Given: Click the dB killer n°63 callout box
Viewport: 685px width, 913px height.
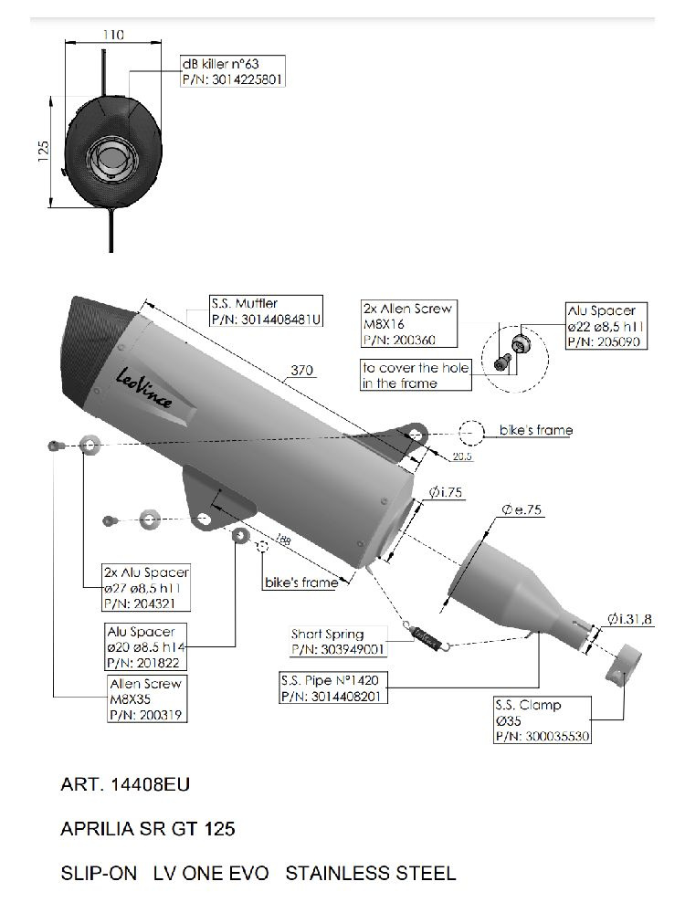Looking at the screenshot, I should [x=233, y=72].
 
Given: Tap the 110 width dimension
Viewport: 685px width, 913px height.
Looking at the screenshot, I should [x=113, y=35].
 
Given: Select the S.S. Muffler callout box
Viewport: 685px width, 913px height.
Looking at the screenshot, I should [x=266, y=311].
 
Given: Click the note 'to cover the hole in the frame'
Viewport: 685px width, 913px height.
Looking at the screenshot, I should [x=416, y=375].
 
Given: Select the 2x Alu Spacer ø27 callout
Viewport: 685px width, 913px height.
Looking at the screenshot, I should [x=147, y=587].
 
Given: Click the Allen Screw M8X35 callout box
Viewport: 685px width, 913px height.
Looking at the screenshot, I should [x=145, y=699].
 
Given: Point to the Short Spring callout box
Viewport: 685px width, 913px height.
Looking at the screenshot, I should [x=337, y=641].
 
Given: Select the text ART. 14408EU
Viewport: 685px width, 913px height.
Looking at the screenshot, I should [x=125, y=784].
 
